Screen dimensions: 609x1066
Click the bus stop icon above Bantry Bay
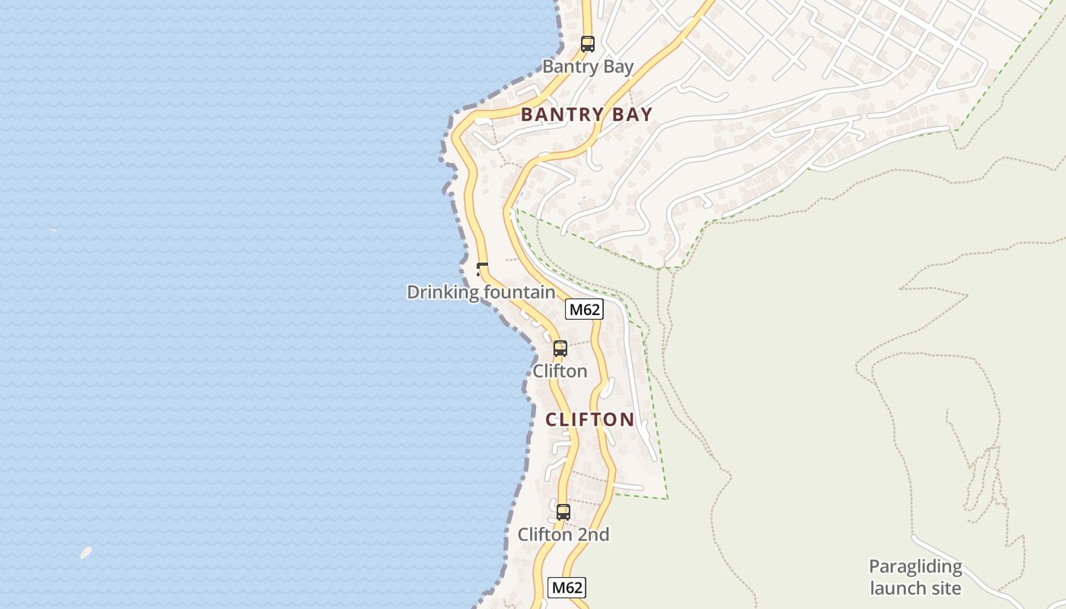tap(587, 43)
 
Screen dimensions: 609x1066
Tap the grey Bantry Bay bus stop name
tap(587, 67)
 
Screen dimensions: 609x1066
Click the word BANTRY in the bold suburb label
tap(563, 115)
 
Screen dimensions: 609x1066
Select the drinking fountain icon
tap(481, 268)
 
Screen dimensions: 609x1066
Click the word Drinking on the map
tap(443, 292)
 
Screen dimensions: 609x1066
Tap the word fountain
tap(520, 292)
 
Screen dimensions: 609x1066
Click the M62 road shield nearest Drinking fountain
tap(585, 309)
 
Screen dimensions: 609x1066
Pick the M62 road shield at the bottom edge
tap(567, 588)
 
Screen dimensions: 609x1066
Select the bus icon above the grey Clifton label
tap(560, 349)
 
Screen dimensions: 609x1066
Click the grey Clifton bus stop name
tap(560, 371)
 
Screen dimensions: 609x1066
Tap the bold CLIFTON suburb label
tap(589, 419)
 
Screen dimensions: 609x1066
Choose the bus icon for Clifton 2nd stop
tap(563, 512)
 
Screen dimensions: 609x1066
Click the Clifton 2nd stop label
tap(563, 535)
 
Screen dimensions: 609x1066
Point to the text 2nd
tap(592, 535)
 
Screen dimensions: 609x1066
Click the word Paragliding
tap(915, 567)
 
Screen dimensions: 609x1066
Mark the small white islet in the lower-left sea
tap(85, 553)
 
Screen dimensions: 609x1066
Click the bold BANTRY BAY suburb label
tap(586, 115)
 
